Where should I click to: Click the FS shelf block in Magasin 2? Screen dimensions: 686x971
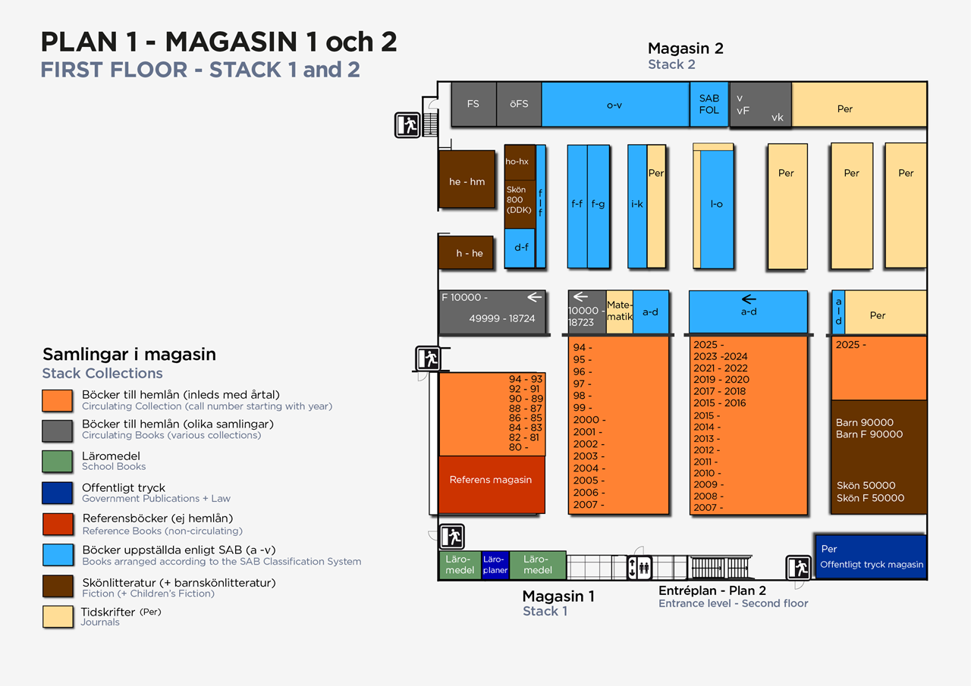(x=473, y=104)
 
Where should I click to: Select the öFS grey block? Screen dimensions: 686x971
(x=519, y=104)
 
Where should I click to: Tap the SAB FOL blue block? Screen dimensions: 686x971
(x=709, y=104)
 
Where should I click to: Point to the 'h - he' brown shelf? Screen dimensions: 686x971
(x=466, y=252)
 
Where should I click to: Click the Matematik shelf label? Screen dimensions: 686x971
(x=619, y=312)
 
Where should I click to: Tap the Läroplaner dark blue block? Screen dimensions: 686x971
(x=495, y=565)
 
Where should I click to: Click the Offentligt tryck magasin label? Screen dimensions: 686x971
(x=872, y=564)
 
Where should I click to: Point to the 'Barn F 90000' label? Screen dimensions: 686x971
(x=869, y=434)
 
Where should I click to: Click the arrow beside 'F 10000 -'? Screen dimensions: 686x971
(x=535, y=297)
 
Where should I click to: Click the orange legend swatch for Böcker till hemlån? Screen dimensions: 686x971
(x=58, y=400)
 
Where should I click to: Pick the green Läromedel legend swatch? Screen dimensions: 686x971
(x=58, y=461)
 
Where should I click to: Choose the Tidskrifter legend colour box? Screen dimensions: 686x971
(x=58, y=616)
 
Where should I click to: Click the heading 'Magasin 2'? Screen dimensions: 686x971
(x=685, y=49)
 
